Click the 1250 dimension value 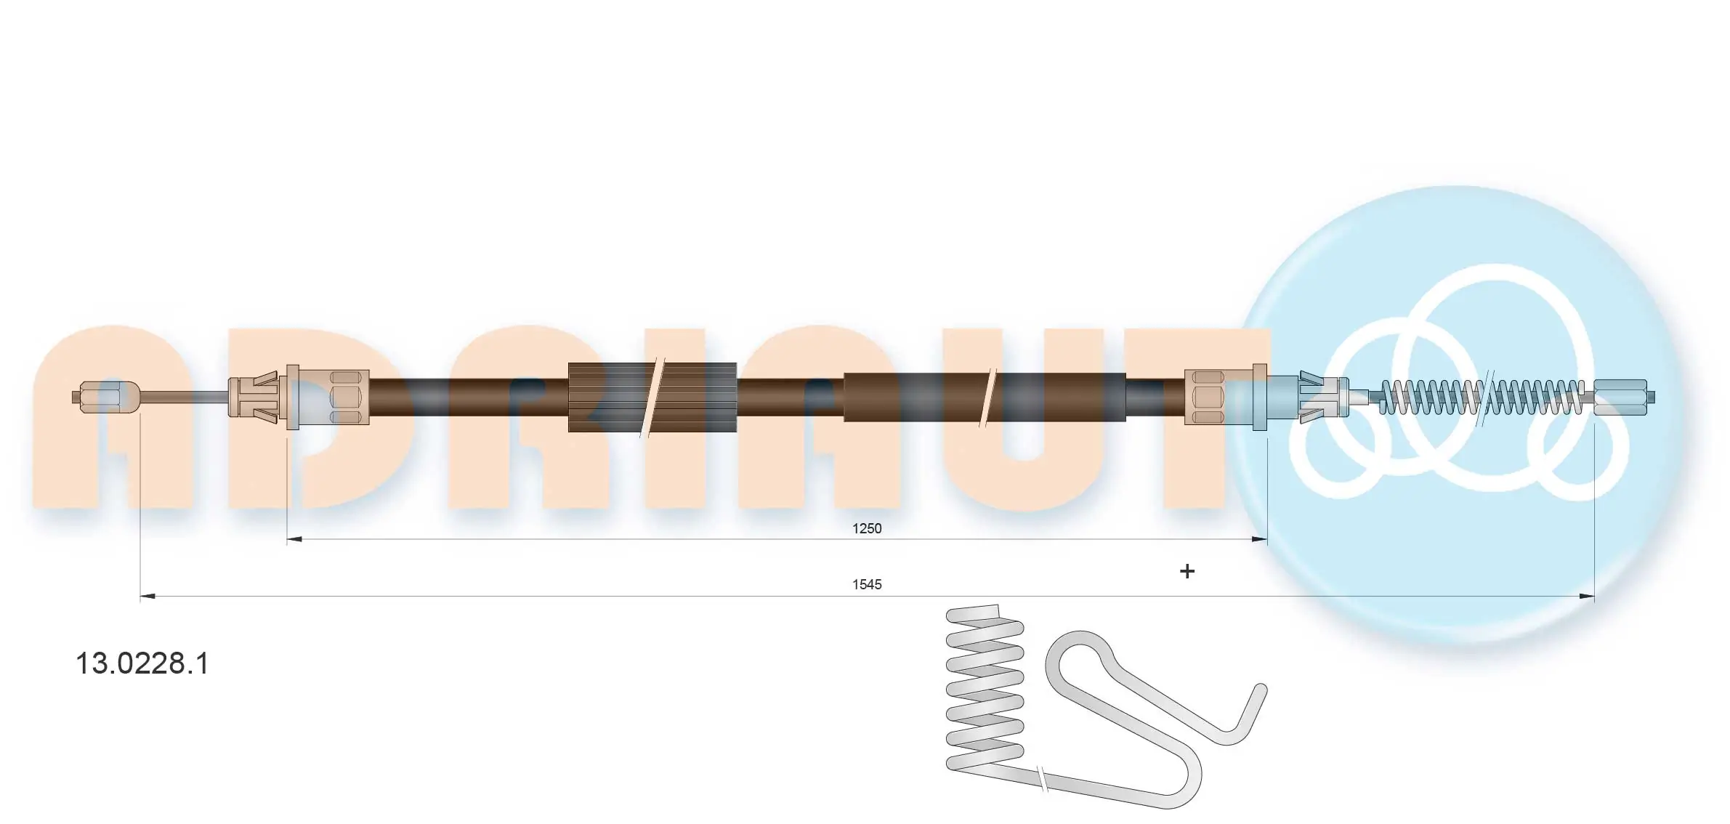click(866, 528)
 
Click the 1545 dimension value click(866, 584)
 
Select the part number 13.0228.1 click(142, 663)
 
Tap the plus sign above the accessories click(1187, 572)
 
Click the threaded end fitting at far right click(1620, 397)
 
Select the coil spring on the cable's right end click(1482, 397)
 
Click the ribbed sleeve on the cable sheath click(610, 397)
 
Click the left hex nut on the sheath click(345, 397)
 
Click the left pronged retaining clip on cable click(254, 397)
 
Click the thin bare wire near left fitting click(182, 397)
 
